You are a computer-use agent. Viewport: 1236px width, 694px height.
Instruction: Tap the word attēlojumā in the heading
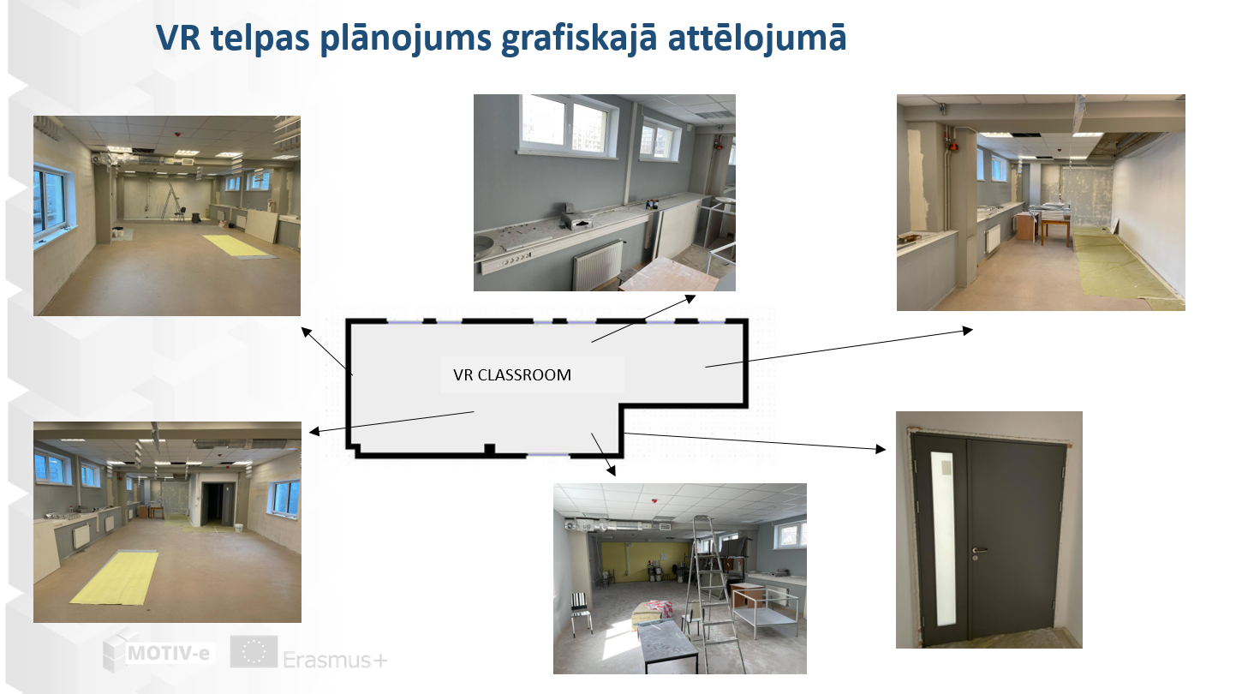pos(757,38)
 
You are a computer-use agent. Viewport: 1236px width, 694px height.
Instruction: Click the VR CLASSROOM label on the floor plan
pos(512,375)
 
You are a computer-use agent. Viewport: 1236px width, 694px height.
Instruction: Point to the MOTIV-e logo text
pos(168,654)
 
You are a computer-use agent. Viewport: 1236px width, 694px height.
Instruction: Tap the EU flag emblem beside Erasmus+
pos(254,651)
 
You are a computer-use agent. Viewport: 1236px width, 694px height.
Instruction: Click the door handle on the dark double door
pos(979,550)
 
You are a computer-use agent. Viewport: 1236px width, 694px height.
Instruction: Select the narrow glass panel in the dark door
pos(943,538)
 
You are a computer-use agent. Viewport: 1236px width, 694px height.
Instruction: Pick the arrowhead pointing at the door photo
pos(881,450)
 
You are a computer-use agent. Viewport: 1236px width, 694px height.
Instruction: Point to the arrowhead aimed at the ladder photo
pos(611,470)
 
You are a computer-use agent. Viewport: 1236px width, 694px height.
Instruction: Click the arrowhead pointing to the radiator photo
pos(690,299)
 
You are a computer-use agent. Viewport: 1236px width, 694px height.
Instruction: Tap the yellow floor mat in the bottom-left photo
pos(115,577)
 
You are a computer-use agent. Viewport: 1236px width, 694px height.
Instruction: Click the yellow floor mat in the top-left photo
pos(239,246)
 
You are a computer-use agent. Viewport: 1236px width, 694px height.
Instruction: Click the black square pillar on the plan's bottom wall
pos(489,450)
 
